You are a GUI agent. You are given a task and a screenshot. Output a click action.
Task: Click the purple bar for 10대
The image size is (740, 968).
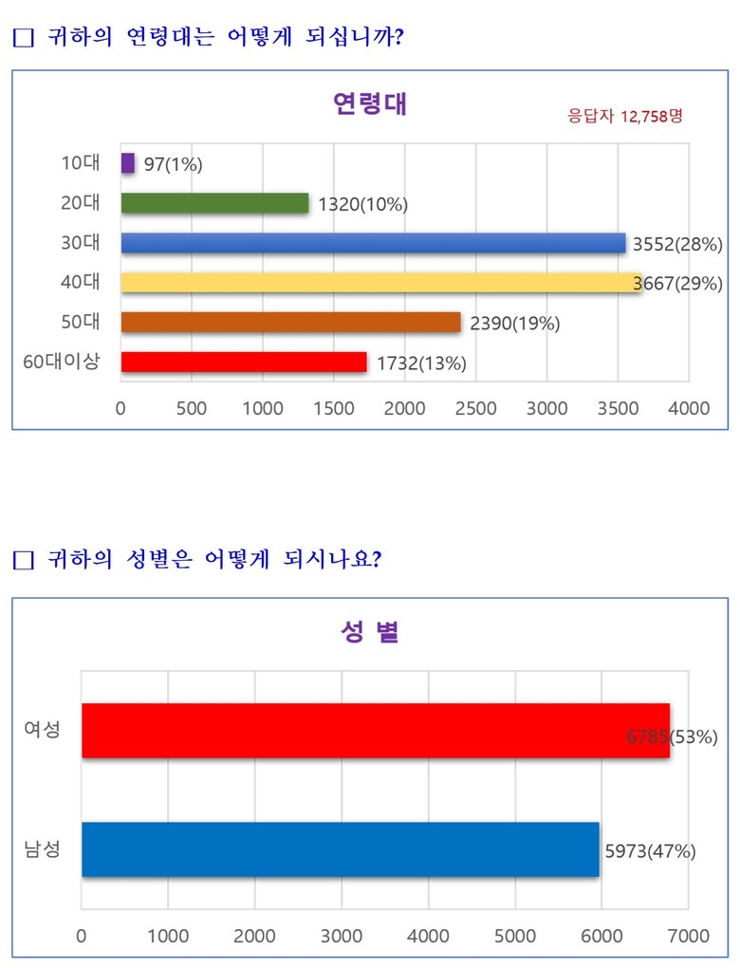(x=128, y=163)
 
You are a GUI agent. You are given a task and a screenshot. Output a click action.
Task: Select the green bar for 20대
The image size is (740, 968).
(x=214, y=203)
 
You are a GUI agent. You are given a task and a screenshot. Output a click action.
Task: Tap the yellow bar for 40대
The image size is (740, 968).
(x=379, y=283)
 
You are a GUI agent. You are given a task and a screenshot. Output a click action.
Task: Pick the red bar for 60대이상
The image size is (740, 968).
(x=243, y=363)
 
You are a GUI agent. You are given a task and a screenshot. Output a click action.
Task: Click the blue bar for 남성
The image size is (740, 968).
(x=340, y=849)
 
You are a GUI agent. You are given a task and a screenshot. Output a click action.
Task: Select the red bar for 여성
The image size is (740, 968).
(x=375, y=731)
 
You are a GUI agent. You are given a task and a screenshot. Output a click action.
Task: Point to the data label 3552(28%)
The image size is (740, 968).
(x=675, y=244)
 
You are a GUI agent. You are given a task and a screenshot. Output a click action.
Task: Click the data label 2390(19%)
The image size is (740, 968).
(x=514, y=324)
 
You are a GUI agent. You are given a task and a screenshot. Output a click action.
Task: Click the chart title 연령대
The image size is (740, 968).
(x=370, y=103)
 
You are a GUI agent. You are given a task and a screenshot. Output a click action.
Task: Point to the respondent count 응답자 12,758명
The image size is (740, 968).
(x=625, y=116)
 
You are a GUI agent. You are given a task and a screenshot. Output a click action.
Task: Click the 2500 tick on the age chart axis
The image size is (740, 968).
(x=475, y=409)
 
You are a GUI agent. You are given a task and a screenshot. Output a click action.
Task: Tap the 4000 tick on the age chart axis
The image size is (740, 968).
(x=689, y=409)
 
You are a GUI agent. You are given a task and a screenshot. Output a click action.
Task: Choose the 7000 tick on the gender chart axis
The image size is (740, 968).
(x=688, y=936)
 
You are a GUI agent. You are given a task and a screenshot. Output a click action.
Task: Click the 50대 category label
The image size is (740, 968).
(x=81, y=322)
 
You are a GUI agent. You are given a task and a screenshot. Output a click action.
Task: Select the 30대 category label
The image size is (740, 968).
(x=81, y=242)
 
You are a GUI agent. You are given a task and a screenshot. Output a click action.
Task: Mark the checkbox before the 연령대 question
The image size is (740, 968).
(x=24, y=38)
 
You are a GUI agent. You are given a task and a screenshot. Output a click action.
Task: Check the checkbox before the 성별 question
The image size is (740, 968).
(x=24, y=560)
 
